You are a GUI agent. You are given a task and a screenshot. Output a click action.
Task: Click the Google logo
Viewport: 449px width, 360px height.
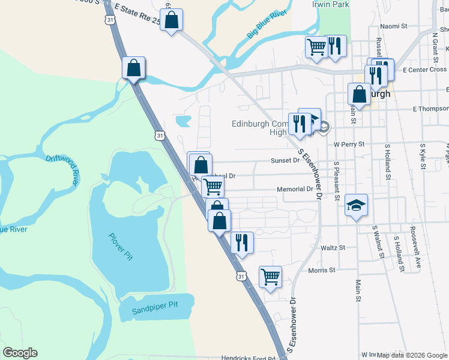(x=20, y=353)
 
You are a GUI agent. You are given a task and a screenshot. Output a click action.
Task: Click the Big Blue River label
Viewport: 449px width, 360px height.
(x=267, y=25)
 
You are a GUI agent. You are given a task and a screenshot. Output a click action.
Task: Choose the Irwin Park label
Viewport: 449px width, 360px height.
(x=330, y=4)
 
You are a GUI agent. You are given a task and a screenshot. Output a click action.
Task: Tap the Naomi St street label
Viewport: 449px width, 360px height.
(x=394, y=26)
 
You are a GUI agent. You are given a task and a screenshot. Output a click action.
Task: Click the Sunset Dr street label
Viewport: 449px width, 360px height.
(x=285, y=160)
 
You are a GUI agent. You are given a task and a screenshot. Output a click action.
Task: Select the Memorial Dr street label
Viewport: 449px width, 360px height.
(x=295, y=189)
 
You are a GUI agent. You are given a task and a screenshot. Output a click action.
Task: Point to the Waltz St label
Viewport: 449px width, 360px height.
(x=334, y=247)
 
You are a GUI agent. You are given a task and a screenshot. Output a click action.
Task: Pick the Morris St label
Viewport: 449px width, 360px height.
(x=321, y=270)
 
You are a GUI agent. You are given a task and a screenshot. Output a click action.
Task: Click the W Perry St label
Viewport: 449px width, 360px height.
(x=349, y=144)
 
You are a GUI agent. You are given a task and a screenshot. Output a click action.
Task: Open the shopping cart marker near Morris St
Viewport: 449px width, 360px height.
(x=270, y=277)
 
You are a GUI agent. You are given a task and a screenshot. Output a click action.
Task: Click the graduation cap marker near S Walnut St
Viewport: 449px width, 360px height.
(x=356, y=206)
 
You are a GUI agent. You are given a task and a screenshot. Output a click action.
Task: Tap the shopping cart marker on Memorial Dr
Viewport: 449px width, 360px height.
(x=213, y=186)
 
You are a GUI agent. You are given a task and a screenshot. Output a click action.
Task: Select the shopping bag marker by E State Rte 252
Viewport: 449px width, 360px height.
(x=171, y=20)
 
